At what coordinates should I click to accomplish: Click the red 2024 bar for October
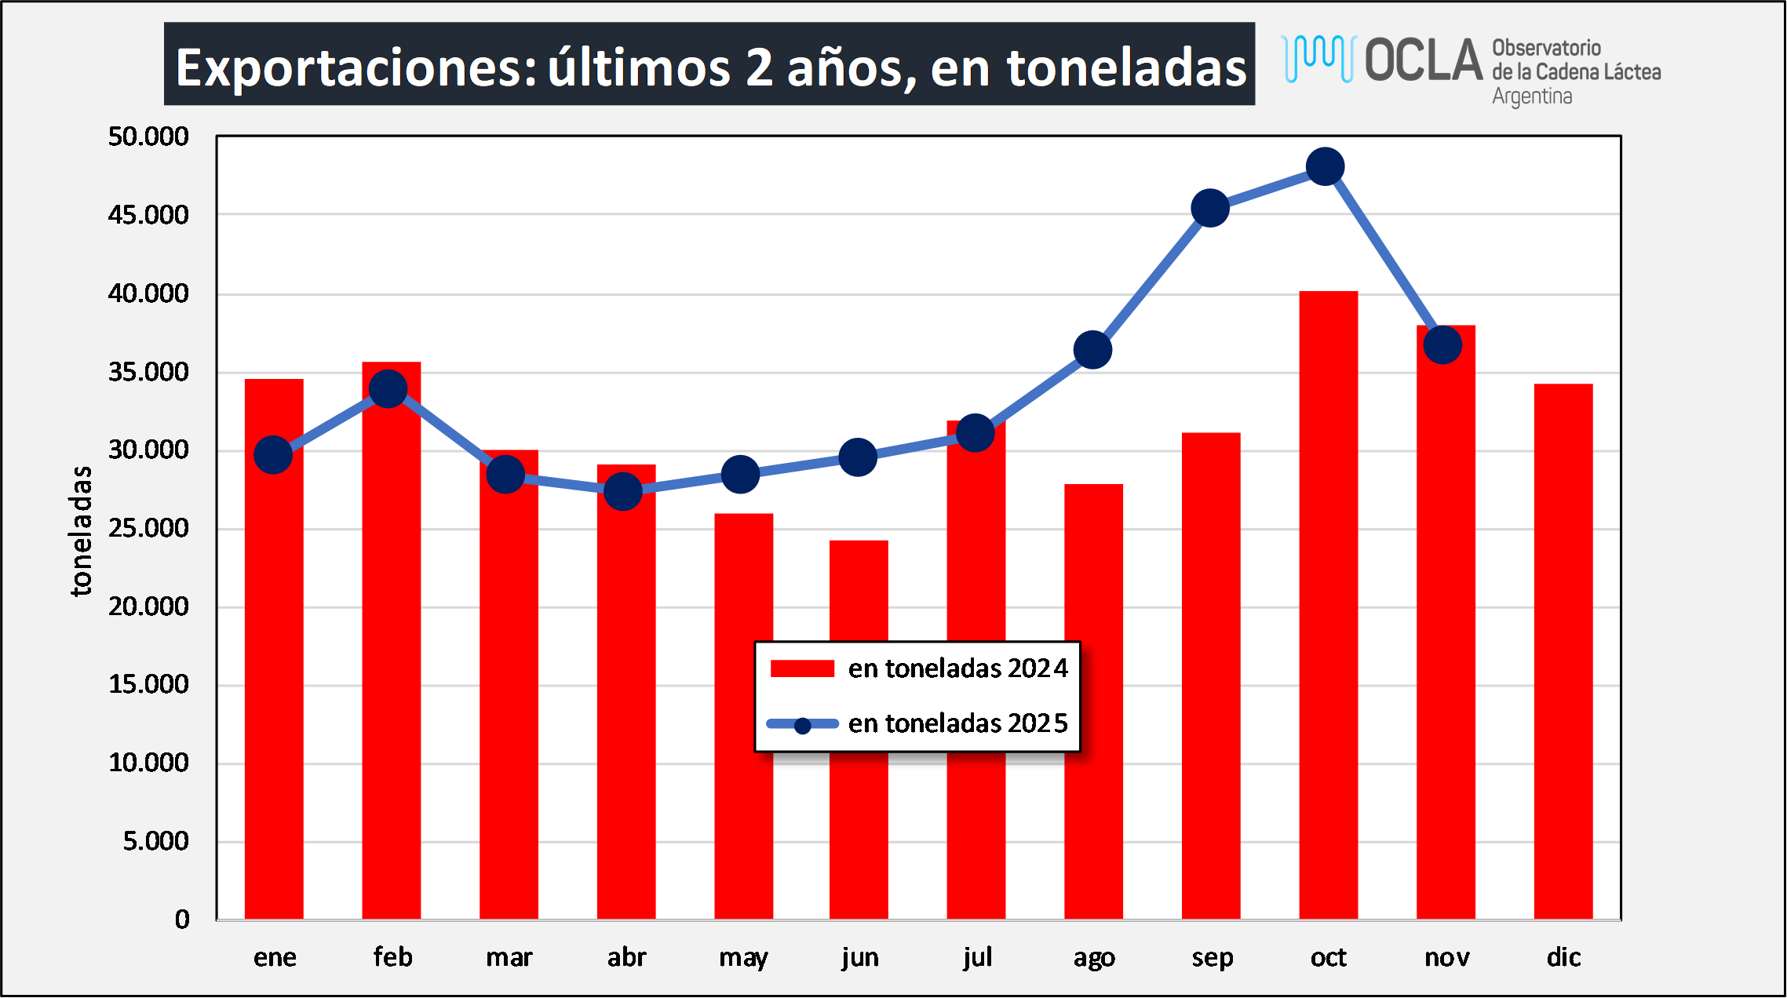pyautogui.click(x=1328, y=604)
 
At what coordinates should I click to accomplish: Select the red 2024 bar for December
pyautogui.click(x=1563, y=651)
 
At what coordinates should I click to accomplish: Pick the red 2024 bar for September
pyautogui.click(x=1211, y=675)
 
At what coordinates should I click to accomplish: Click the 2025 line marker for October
pyautogui.click(x=1325, y=166)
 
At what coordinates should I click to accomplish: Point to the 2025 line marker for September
pyautogui.click(x=1210, y=208)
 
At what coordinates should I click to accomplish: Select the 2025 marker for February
pyautogui.click(x=388, y=389)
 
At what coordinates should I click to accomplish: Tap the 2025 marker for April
pyautogui.click(x=623, y=492)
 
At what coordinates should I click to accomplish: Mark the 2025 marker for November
pyautogui.click(x=1442, y=345)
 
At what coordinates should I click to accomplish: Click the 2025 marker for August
pyautogui.click(x=1092, y=349)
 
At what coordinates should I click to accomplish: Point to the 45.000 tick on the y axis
pyautogui.click(x=148, y=215)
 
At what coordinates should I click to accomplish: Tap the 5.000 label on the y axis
pyautogui.click(x=155, y=841)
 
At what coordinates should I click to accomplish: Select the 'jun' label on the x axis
pyautogui.click(x=860, y=957)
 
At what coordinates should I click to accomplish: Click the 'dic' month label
pyautogui.click(x=1563, y=957)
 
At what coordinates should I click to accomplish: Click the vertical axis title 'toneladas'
pyautogui.click(x=81, y=531)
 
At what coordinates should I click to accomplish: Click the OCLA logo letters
pyautogui.click(x=1422, y=60)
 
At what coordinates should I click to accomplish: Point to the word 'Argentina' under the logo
pyautogui.click(x=1532, y=97)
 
